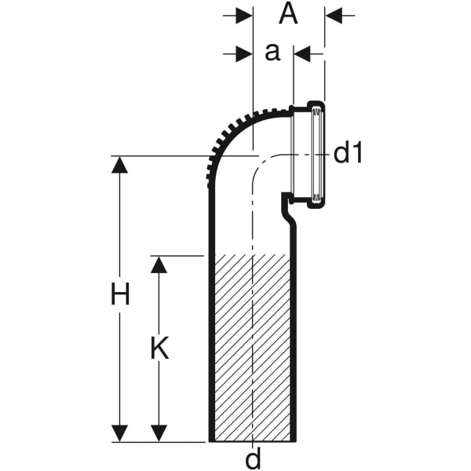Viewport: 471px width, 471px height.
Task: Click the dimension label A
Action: (x=289, y=14)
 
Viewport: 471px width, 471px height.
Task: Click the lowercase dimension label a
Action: (x=272, y=53)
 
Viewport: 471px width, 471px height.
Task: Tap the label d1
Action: (x=349, y=153)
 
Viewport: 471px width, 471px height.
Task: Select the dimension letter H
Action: (x=119, y=296)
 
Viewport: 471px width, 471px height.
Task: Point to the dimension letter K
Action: (x=159, y=348)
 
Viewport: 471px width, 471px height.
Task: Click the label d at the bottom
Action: (x=252, y=458)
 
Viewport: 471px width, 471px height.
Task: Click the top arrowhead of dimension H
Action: (x=119, y=164)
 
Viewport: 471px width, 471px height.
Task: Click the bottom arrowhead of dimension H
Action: (x=119, y=433)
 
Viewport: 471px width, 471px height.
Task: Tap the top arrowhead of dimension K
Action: (x=159, y=264)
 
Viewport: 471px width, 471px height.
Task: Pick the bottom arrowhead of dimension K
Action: (x=159, y=433)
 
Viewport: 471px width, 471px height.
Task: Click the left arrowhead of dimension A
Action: (x=244, y=15)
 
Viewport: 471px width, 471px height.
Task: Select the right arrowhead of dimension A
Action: (x=334, y=15)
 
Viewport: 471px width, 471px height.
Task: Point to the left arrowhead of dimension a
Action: (x=244, y=53)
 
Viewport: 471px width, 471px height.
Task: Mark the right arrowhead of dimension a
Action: (x=302, y=53)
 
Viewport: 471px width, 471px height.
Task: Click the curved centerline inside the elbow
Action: (x=261, y=164)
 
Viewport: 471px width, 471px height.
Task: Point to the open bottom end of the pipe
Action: (x=252, y=441)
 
